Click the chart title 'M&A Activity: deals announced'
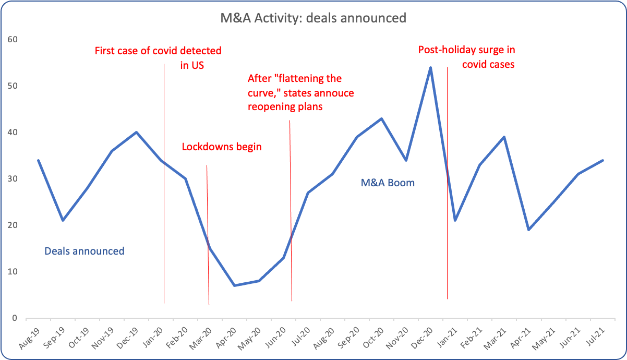pyautogui.click(x=313, y=18)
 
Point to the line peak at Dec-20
pyautogui.click(x=430, y=67)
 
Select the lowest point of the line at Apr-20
pyautogui.click(x=234, y=285)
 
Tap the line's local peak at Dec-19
pyautogui.click(x=136, y=132)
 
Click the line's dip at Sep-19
pyautogui.click(x=63, y=220)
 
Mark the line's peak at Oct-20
pyautogui.click(x=381, y=118)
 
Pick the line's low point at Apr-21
pyautogui.click(x=528, y=230)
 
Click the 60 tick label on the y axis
pyautogui.click(x=13, y=40)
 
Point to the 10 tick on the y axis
pyautogui.click(x=13, y=272)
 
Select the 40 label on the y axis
pyautogui.click(x=13, y=133)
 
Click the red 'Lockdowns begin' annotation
pyautogui.click(x=222, y=147)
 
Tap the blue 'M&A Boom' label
pyautogui.click(x=388, y=183)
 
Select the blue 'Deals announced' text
pyautogui.click(x=85, y=251)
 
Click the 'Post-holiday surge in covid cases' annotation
pyautogui.click(x=470, y=57)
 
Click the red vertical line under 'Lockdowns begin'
pyautogui.click(x=208, y=235)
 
